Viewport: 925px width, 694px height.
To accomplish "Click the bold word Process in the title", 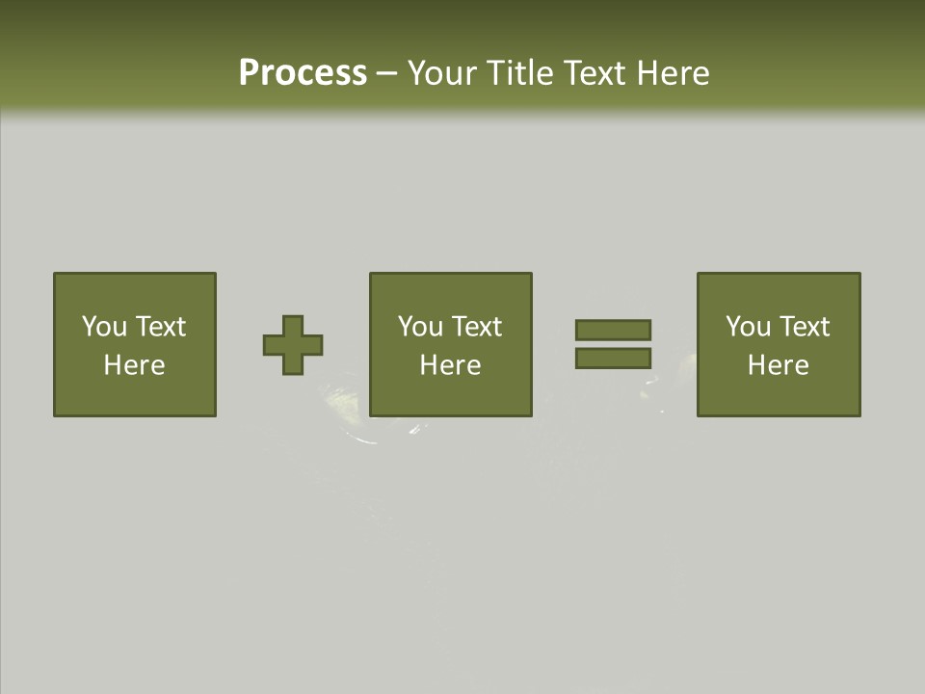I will pos(303,73).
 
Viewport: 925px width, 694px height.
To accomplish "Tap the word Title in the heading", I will pos(520,73).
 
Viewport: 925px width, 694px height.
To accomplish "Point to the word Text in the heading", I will pos(597,73).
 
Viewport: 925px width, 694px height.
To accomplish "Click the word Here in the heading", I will pos(674,73).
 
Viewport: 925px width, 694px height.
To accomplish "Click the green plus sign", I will pos(293,345).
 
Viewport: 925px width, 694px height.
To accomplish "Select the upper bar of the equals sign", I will pos(613,330).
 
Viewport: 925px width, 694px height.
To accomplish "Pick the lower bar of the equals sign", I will pos(613,359).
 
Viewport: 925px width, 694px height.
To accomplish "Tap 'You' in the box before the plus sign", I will pos(104,327).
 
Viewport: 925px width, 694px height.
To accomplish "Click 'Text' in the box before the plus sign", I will pos(160,327).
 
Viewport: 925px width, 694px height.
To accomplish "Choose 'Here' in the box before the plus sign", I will pos(134,365).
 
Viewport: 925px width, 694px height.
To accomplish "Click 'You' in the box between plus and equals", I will pos(420,327).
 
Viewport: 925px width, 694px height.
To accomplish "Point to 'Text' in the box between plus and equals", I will pos(476,327).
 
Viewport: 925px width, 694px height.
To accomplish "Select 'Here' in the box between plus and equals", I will pos(450,365).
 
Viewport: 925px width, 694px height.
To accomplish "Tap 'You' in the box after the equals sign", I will pos(748,327).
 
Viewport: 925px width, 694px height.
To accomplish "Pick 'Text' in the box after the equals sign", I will pos(804,327).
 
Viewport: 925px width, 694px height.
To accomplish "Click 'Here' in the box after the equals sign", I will pos(778,365).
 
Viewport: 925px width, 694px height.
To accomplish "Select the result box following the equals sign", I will pos(779,395).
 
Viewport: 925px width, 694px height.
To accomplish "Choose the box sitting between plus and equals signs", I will pos(451,395).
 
